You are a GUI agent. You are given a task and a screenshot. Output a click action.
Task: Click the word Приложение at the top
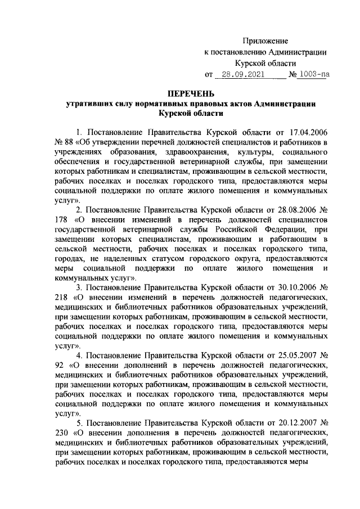(x=265, y=41)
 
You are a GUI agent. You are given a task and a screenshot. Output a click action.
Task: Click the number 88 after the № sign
(x=62, y=143)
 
